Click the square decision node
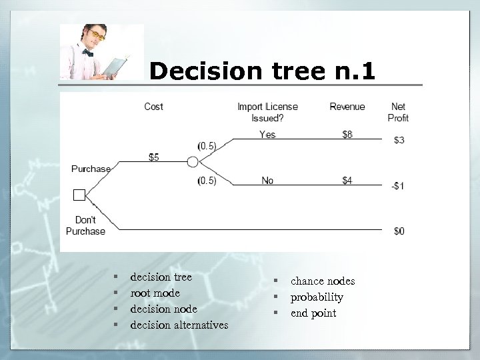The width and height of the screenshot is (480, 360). coord(79,195)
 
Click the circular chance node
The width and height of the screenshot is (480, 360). coord(193,162)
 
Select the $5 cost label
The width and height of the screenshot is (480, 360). coord(154,157)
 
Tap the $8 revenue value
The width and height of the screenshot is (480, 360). coord(347,135)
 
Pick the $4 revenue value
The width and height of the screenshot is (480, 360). coord(347,181)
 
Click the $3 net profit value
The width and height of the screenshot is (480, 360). coord(399,140)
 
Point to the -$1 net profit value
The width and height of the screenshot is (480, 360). coord(397,186)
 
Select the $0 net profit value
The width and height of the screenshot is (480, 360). coord(399,231)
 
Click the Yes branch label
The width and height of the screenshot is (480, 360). coord(267,135)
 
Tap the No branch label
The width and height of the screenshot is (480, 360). coord(267,181)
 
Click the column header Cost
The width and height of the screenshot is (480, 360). coord(153,107)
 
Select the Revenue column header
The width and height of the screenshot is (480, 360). coord(347,107)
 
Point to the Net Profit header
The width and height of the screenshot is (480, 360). coord(398,112)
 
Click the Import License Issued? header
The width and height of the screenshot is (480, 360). coord(267,112)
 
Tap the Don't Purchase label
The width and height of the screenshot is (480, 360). coord(85,225)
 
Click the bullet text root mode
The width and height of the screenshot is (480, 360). coord(155,293)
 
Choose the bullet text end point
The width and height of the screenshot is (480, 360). coord(313,313)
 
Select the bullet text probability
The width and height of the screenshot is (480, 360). coord(317,297)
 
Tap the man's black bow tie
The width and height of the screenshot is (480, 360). coord(88,52)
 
